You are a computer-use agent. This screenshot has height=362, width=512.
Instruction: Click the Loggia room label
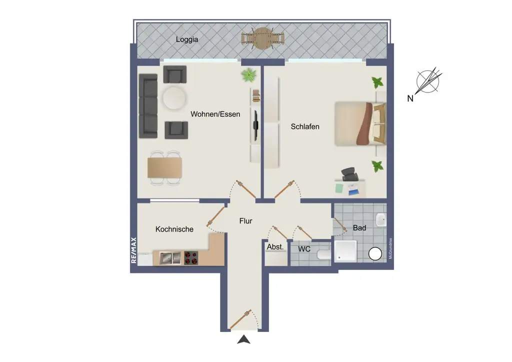click(187, 39)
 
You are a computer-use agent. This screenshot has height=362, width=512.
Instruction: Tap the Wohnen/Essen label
click(215, 114)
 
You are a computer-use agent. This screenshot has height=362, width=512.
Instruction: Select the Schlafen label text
click(305, 126)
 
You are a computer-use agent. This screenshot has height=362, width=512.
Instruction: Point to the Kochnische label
click(174, 229)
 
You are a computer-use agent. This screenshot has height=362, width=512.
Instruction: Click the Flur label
click(245, 220)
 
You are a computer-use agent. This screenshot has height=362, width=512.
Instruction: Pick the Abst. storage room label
click(275, 247)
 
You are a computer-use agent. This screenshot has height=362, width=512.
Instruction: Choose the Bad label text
click(359, 228)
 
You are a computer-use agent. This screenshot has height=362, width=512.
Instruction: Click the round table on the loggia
click(262, 39)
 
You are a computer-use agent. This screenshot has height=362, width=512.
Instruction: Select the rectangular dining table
click(164, 167)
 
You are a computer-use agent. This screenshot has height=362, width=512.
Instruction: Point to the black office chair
click(350, 175)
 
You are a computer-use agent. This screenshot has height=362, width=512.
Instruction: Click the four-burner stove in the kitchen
click(191, 258)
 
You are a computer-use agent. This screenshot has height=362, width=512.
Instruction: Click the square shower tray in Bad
click(345, 251)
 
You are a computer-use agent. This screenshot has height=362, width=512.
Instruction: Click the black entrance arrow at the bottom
click(243, 340)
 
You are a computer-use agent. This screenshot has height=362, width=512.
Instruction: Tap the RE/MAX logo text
click(133, 250)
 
